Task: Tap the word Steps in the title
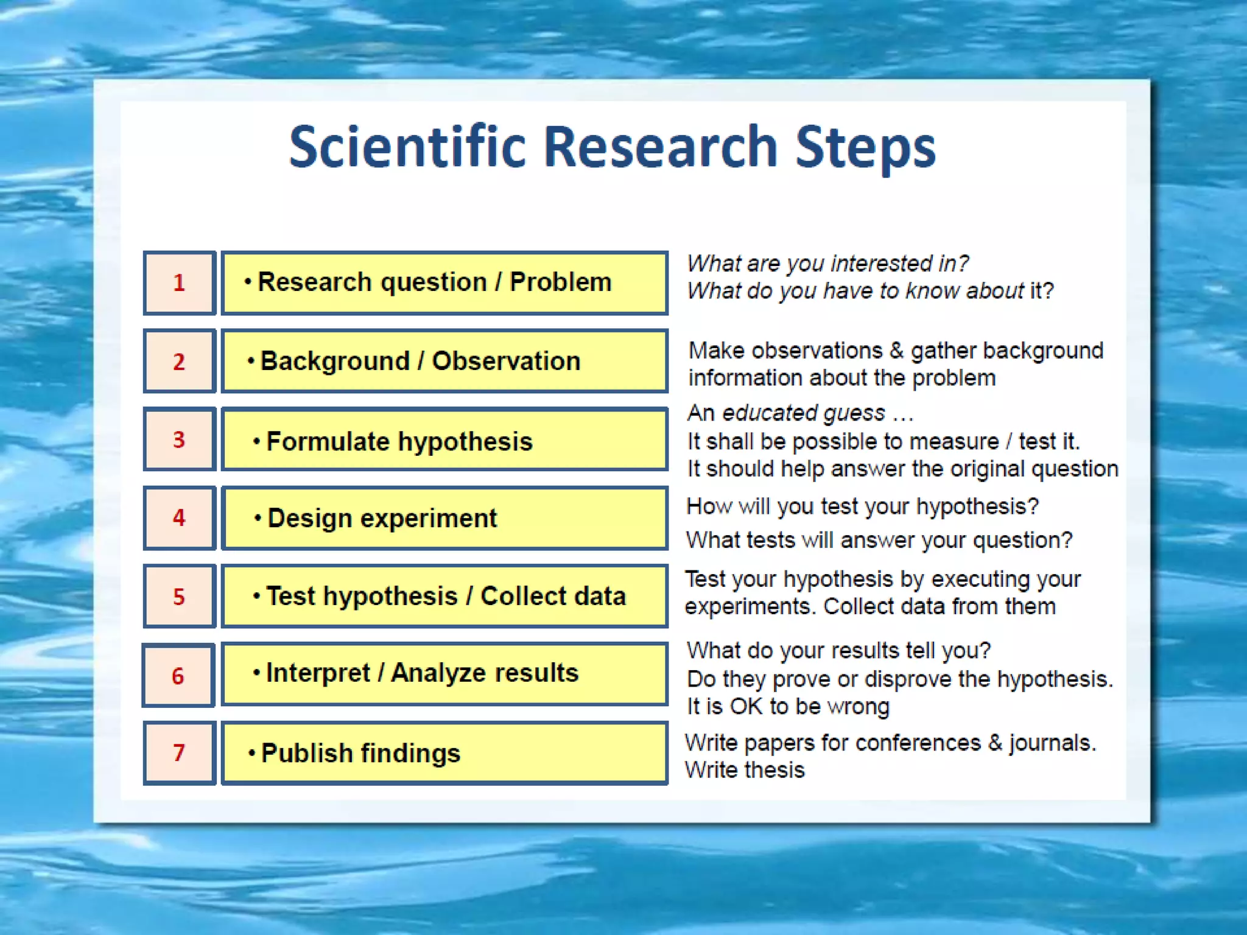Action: [865, 147]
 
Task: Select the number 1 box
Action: [179, 283]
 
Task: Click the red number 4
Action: [178, 517]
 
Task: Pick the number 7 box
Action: [179, 753]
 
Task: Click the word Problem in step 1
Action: [560, 282]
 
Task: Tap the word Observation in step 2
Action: [506, 361]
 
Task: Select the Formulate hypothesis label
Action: [399, 441]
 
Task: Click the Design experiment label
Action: [382, 518]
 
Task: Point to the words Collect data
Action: [553, 596]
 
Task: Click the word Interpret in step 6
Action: [318, 673]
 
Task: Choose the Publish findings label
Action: [360, 753]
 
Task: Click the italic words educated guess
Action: [803, 413]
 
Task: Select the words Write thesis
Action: [745, 770]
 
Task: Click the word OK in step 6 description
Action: [746, 706]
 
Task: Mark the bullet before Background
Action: [251, 360]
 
